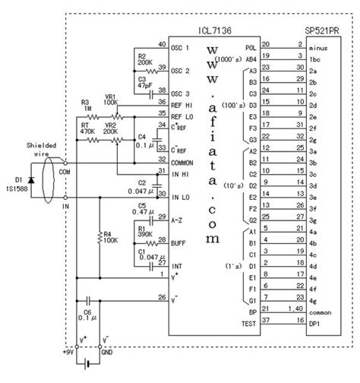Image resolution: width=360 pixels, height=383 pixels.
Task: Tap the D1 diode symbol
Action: [x=30, y=182]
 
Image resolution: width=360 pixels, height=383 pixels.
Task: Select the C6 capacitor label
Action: [x=87, y=312]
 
